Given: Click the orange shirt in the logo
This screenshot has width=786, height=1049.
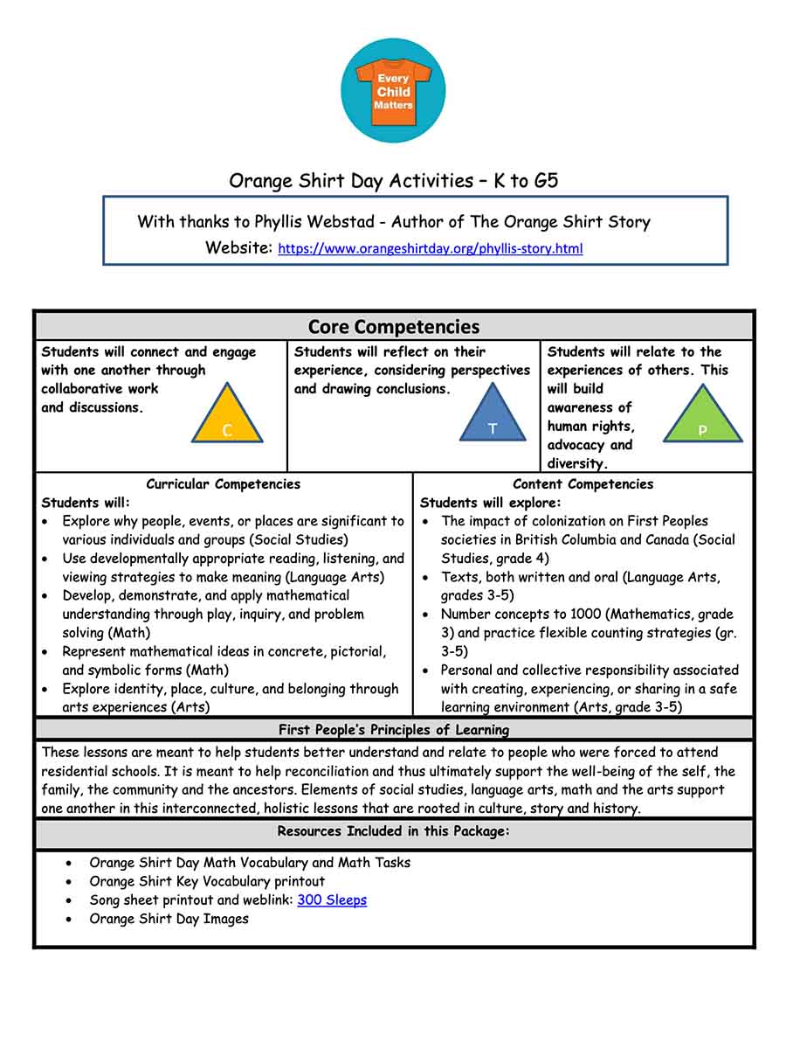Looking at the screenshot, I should [x=393, y=92].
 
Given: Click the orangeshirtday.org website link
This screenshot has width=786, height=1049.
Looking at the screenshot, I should [x=430, y=248].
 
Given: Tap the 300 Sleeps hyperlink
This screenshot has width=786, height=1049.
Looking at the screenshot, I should [x=332, y=900].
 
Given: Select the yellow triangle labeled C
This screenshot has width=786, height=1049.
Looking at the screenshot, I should [x=227, y=418].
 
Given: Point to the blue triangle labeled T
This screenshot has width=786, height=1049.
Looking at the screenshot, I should [x=493, y=417].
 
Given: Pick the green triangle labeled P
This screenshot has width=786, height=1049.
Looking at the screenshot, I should [x=702, y=418].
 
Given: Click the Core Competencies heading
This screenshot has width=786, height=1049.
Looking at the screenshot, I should [x=393, y=327].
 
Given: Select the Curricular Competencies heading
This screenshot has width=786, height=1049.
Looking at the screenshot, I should [x=223, y=484].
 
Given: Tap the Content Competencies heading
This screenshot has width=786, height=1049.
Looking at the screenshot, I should [x=583, y=484].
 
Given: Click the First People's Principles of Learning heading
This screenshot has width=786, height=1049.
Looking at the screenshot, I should [x=393, y=729].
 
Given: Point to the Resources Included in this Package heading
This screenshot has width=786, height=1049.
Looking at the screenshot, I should [x=393, y=830].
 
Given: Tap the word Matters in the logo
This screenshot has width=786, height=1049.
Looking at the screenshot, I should [x=393, y=105].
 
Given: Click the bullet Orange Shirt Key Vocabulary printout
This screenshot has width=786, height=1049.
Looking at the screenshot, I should [x=207, y=881].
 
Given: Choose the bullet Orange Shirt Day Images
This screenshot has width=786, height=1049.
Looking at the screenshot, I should [x=169, y=919].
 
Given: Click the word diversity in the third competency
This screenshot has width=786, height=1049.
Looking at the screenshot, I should [x=576, y=463].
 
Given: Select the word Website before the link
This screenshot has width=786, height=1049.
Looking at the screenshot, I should [x=238, y=248].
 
